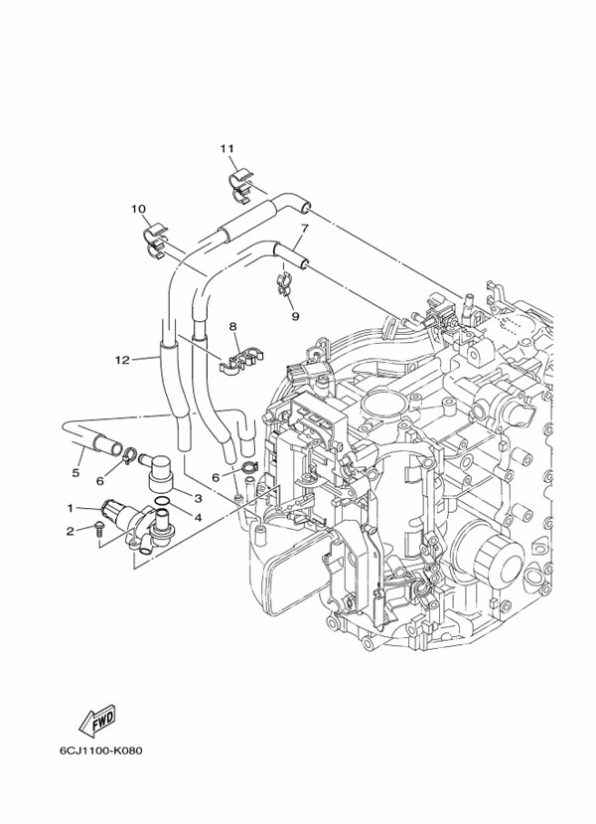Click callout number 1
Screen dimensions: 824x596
[x=71, y=508]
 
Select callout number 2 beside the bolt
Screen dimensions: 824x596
[x=71, y=530]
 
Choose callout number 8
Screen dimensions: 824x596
[x=232, y=326]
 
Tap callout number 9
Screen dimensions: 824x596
[x=295, y=315]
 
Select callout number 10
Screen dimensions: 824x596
[x=138, y=209]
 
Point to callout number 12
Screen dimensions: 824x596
[x=122, y=360]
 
